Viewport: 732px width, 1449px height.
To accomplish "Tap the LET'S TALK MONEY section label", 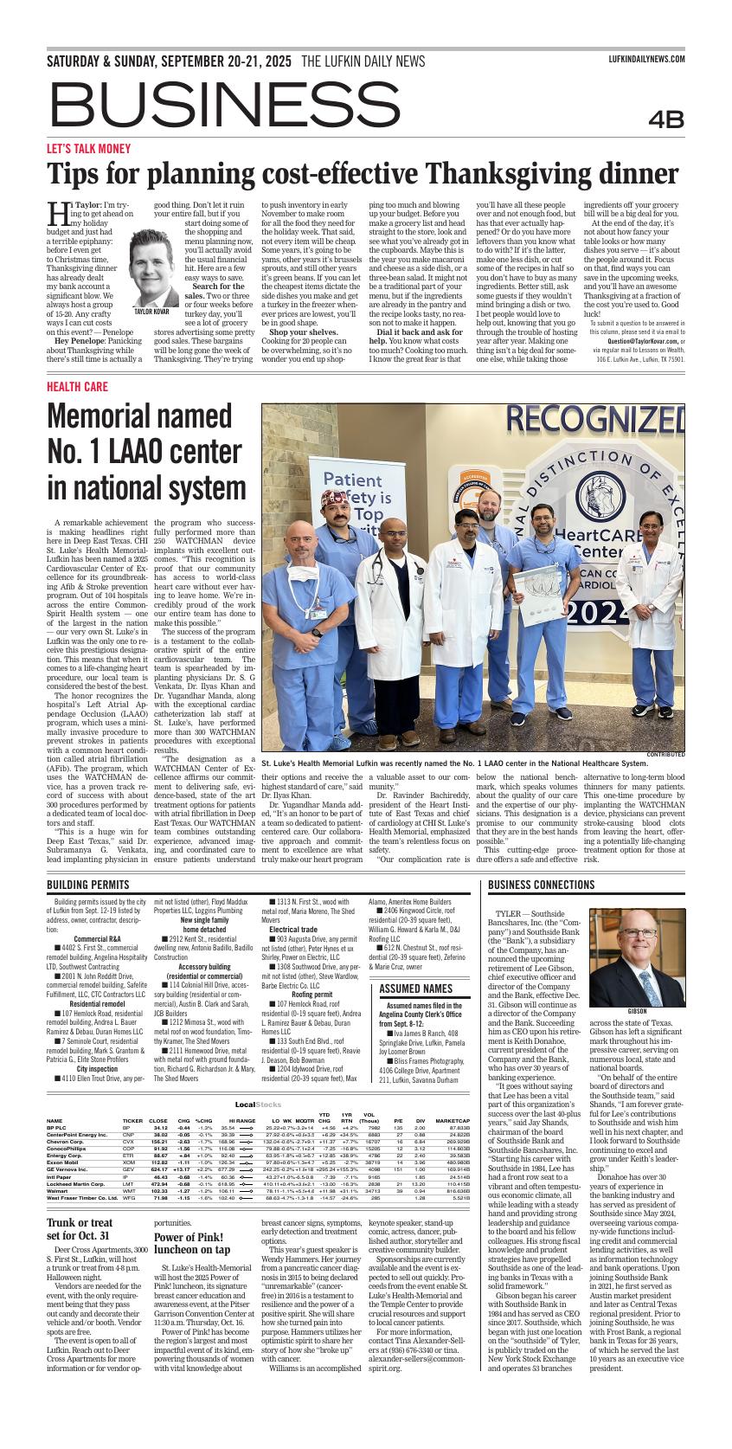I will click(x=88, y=148).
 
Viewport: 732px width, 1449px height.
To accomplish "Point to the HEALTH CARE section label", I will click(x=77, y=386).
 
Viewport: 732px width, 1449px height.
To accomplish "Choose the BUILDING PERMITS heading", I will click(x=87, y=885).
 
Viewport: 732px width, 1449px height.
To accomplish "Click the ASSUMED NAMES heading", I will click(x=416, y=989).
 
